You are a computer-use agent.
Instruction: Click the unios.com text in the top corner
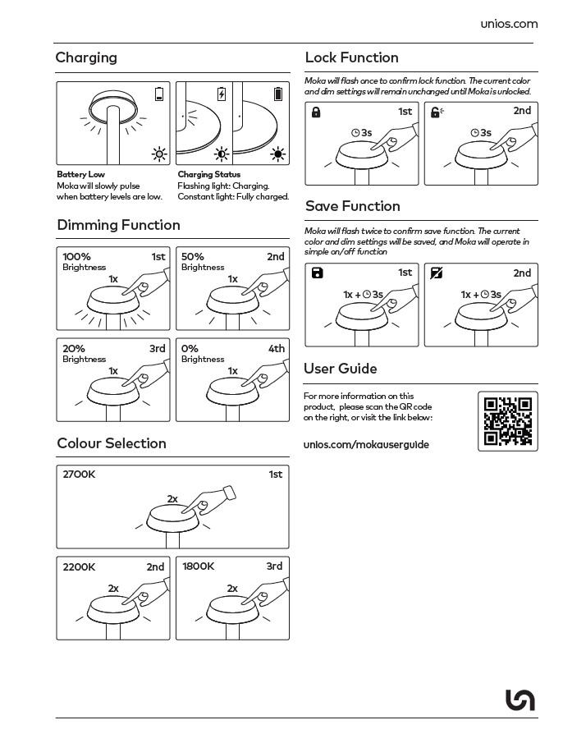coord(509,24)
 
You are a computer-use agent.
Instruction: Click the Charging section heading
coord(86,57)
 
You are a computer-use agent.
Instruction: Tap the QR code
coord(508,421)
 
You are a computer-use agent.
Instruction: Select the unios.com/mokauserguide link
coord(366,445)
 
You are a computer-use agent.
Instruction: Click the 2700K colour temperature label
coord(80,475)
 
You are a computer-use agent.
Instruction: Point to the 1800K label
coord(198,566)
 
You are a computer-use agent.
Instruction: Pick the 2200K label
coord(80,566)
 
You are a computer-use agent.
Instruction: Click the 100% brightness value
coord(76,257)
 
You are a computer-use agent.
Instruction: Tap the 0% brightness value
coord(190,349)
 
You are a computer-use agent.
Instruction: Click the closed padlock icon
coord(316,112)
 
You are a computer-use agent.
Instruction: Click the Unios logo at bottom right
coord(520,699)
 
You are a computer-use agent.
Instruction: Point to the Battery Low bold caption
coord(80,175)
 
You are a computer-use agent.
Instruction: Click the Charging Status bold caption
coord(208,175)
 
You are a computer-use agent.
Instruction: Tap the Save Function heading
coord(353,206)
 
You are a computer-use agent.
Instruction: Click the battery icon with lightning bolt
coord(221,94)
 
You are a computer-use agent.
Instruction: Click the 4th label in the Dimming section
coord(277,349)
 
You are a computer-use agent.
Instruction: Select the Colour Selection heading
coord(112,443)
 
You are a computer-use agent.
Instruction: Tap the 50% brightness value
coord(193,257)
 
